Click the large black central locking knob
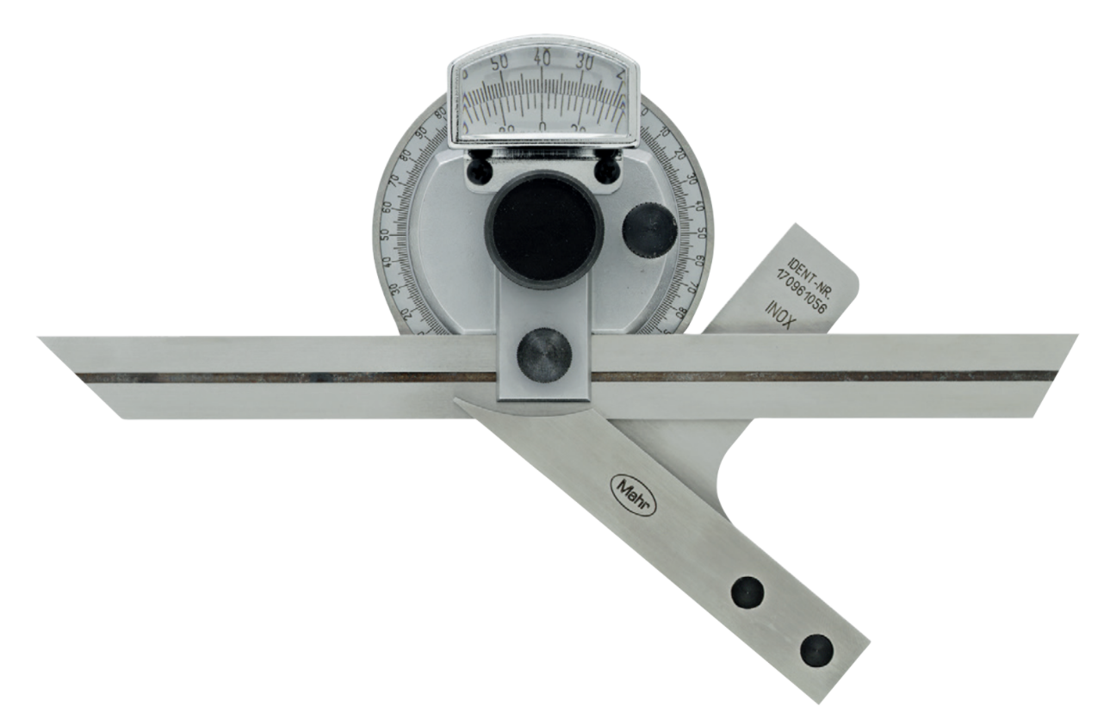(543, 230)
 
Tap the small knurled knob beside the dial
(649, 231)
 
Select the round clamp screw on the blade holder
(543, 355)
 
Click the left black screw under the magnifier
(480, 171)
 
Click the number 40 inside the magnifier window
(542, 58)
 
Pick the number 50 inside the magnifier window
(499, 62)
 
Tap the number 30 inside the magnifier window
(585, 62)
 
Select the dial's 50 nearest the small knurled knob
(701, 232)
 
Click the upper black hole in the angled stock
(747, 592)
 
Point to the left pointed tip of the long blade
(42, 339)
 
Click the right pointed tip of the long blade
(1075, 336)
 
